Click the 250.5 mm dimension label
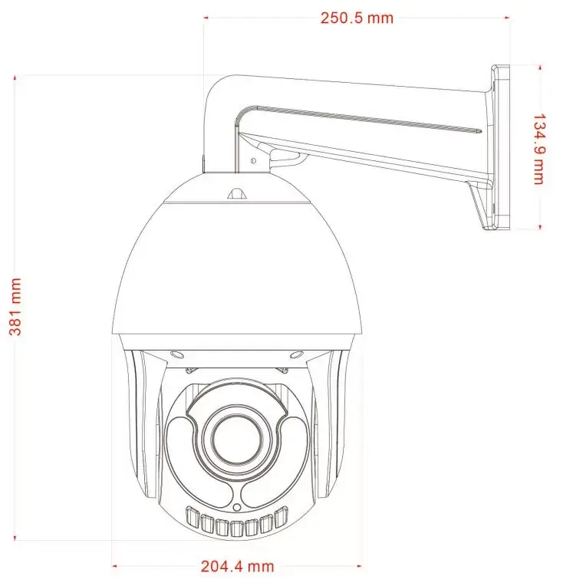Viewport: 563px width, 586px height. click(357, 18)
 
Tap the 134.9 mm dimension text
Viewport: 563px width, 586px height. click(538, 149)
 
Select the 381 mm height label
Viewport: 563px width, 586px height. click(15, 307)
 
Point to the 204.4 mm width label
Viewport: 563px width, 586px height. click(237, 566)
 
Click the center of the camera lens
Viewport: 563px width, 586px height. click(236, 437)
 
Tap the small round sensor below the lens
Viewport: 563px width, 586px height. click(237, 507)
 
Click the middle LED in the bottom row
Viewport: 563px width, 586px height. click(237, 528)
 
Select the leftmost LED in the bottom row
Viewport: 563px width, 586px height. click(193, 516)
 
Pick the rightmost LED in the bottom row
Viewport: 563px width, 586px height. click(281, 516)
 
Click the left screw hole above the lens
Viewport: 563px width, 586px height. click(176, 354)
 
